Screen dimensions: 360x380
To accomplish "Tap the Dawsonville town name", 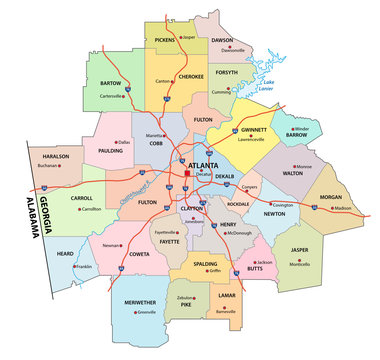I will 234,49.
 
